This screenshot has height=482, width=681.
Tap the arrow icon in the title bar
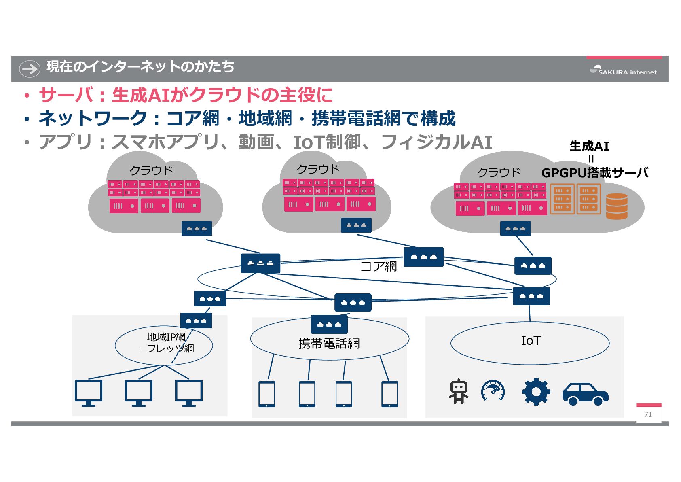(x=30, y=68)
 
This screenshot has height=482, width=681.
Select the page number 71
(x=648, y=414)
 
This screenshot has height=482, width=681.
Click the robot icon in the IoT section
(x=459, y=391)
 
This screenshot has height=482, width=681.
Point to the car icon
(x=585, y=393)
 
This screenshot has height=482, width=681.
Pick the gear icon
(x=535, y=391)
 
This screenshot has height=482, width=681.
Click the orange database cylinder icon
(x=617, y=206)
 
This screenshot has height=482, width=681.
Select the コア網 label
(x=379, y=266)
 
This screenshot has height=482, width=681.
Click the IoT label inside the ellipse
(x=531, y=341)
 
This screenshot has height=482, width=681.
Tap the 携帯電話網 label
(x=329, y=344)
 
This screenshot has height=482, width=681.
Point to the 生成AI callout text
(x=589, y=146)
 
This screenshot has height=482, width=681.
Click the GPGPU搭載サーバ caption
(x=595, y=173)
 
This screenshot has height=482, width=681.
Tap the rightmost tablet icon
(x=389, y=394)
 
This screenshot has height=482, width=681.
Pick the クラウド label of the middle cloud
(x=318, y=169)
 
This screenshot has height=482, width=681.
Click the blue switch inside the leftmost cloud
(x=197, y=229)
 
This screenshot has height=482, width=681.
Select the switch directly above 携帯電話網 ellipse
(x=329, y=324)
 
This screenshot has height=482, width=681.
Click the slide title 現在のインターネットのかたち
(x=140, y=67)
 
